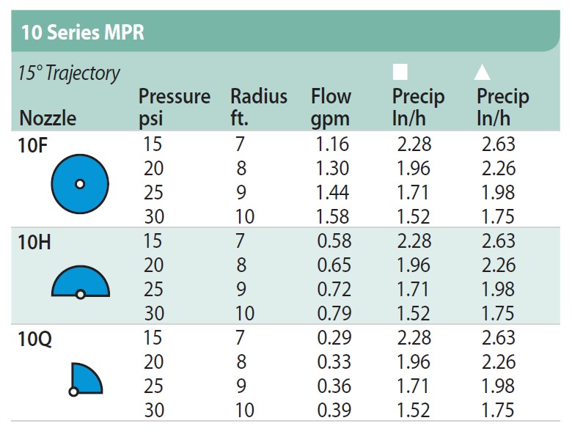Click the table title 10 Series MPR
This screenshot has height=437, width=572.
point(83,32)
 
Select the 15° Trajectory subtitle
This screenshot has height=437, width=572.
point(69,73)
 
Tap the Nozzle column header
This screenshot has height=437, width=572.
point(48,118)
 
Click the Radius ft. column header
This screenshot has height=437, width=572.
point(259,107)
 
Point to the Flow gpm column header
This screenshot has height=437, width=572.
point(331,108)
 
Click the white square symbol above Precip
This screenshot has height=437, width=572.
point(400,72)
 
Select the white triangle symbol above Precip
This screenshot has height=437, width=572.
point(482,73)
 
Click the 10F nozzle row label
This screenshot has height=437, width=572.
point(33,146)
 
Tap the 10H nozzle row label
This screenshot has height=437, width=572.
point(34,242)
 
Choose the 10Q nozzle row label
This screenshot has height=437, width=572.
point(34,339)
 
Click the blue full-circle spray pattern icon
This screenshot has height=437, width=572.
point(80,184)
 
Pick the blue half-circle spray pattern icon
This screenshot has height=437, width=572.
point(81,282)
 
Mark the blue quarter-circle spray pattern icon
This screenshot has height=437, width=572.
point(86,379)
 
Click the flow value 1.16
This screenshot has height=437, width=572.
point(332,144)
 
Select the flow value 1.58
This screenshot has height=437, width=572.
point(332,217)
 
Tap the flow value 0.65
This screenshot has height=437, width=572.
point(334,265)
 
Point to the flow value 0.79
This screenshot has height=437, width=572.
point(334,313)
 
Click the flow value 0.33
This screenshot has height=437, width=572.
point(334,362)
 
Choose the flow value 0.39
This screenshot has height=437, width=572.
point(334,410)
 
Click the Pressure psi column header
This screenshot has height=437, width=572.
point(175,108)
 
